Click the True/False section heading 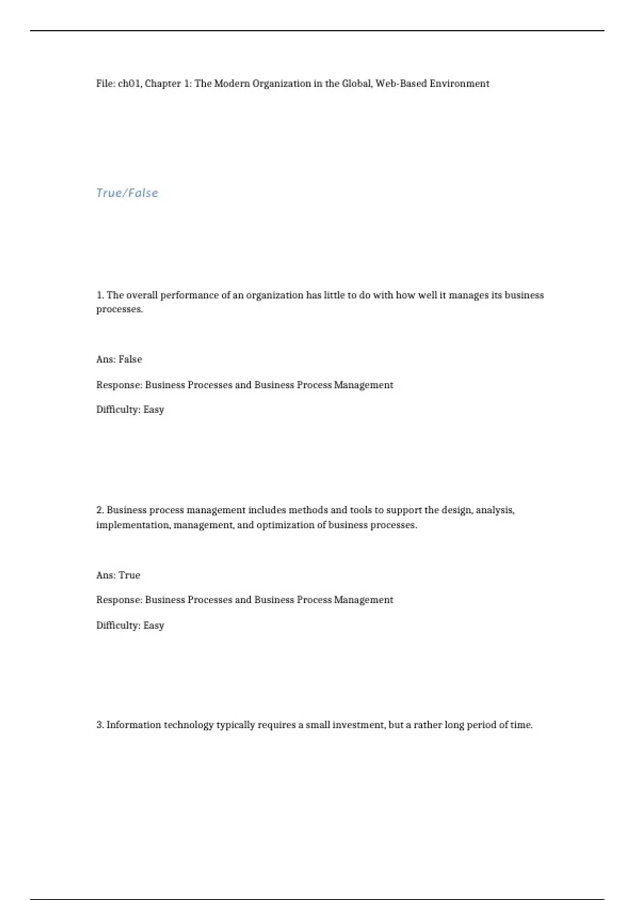coord(127,193)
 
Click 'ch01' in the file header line coord(129,84)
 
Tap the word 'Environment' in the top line coord(459,84)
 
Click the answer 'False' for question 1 coord(130,359)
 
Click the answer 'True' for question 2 coord(129,575)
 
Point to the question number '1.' coord(100,295)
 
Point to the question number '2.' coord(100,510)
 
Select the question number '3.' coord(100,725)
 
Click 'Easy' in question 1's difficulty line coord(153,410)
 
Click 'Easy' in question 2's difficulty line coord(153,626)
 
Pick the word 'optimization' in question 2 coord(285,525)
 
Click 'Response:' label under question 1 coord(119,385)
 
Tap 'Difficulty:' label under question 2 coord(118,626)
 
